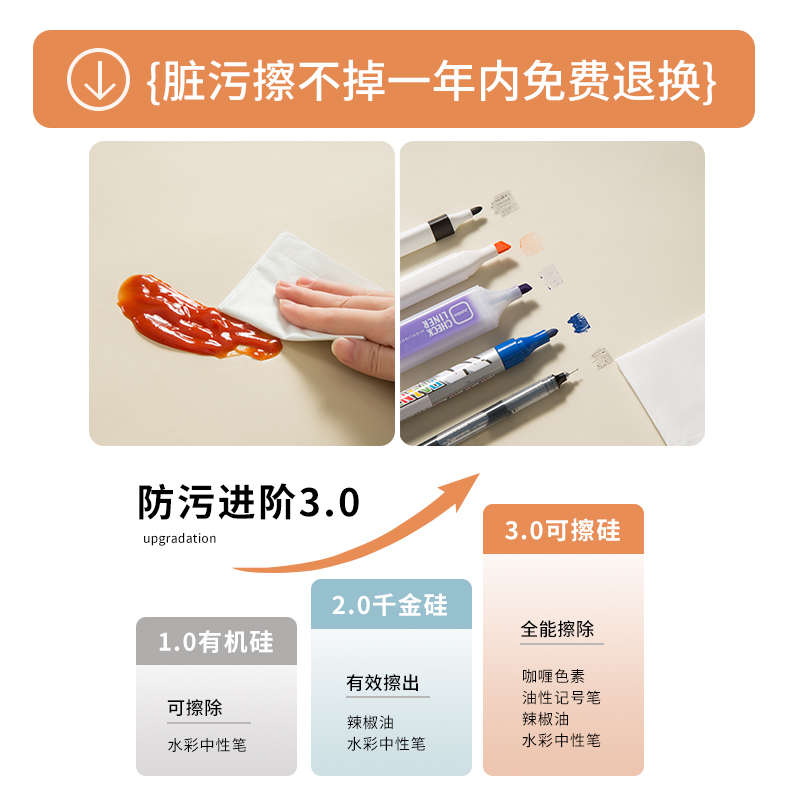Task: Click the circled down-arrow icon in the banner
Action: (x=98, y=79)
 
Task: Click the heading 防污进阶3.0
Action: (x=248, y=502)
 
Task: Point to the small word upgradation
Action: (x=179, y=538)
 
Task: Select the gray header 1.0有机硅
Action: (x=216, y=641)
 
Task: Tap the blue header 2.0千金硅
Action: (x=390, y=604)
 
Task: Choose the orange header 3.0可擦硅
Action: (x=563, y=530)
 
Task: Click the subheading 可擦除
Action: (x=195, y=708)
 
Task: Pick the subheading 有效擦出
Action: (x=383, y=683)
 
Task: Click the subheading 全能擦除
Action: (x=557, y=629)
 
